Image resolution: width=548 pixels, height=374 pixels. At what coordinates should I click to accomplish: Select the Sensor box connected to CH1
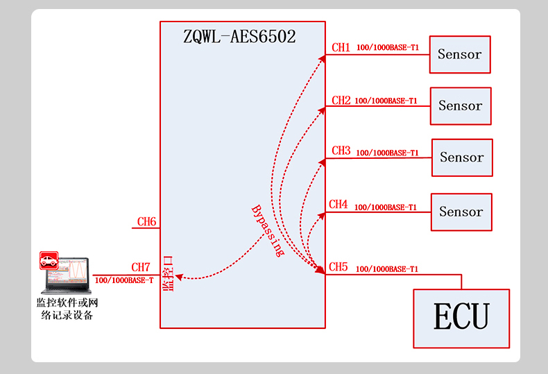coord(460,54)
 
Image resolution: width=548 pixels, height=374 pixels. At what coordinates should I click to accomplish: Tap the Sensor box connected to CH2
coord(461,106)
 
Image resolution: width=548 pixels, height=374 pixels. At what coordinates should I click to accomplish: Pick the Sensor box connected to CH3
coord(462,158)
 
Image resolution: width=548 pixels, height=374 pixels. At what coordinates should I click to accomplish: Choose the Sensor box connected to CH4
coord(461,212)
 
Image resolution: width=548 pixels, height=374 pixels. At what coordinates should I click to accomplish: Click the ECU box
coord(461,318)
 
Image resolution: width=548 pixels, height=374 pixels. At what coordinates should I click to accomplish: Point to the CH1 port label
coord(341,48)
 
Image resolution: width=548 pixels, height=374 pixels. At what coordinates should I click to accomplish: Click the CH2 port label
coord(341,101)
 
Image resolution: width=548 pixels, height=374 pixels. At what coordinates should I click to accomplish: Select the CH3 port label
coord(341,151)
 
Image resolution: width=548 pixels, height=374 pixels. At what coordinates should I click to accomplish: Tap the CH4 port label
coord(338,205)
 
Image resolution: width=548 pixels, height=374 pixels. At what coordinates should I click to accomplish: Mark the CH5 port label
coord(338,266)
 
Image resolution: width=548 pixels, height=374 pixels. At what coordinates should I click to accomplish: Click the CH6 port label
coord(146,222)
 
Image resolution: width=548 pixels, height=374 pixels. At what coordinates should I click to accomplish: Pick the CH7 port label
coord(141,267)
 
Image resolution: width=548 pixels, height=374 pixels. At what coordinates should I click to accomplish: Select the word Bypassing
coord(267,231)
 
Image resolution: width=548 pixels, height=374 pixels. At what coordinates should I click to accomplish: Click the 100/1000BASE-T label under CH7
coord(123,280)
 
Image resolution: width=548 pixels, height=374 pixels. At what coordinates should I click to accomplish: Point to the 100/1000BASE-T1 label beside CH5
coord(386,269)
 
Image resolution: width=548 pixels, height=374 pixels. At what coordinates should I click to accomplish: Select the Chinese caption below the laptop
coord(67,309)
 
